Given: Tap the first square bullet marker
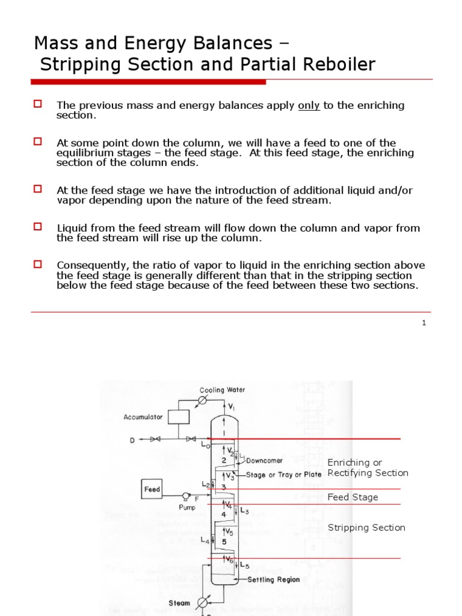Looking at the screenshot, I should [37, 104].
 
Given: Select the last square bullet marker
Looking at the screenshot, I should [37, 264].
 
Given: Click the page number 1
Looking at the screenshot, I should [424, 322].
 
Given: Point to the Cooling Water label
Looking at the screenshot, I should [222, 390].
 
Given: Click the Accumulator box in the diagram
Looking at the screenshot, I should [179, 416].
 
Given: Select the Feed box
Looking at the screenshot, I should [152, 489].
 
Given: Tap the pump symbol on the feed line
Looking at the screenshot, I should [187, 496].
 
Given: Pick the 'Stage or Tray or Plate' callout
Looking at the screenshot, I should [283, 475].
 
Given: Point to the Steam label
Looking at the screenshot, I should [179, 603].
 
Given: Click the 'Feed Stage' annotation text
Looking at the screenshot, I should [353, 497].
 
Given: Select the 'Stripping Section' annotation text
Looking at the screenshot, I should [366, 528].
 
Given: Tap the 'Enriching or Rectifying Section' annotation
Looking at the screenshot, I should [368, 467].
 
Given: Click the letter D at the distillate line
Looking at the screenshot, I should [132, 440].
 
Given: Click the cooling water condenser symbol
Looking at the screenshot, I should [203, 400].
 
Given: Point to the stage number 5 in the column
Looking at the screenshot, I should [223, 541].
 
